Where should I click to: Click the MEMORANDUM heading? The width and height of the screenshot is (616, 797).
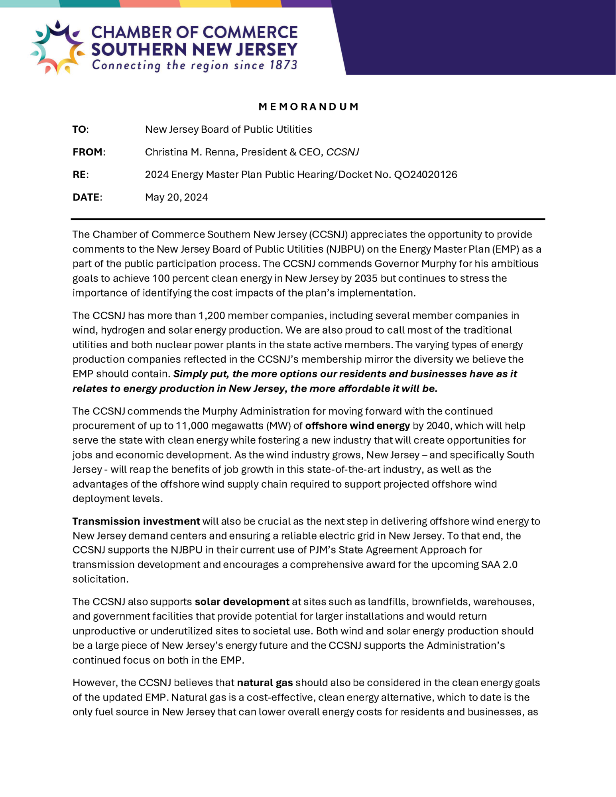pyautogui.click(x=309, y=106)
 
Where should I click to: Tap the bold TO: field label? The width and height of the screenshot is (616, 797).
pyautogui.click(x=80, y=130)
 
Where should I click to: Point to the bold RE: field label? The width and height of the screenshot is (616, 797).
pyautogui.click(x=80, y=175)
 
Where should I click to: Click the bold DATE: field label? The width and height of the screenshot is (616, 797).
pyautogui.click(x=87, y=197)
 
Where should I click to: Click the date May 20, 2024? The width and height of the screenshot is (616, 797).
pyautogui.click(x=176, y=197)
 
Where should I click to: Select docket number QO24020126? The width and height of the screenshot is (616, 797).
pyautogui.click(x=425, y=175)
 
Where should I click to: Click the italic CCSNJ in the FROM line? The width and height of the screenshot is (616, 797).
pyautogui.click(x=342, y=152)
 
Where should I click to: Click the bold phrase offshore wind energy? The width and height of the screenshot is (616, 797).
pyautogui.click(x=357, y=426)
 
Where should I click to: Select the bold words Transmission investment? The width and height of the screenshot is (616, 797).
pyautogui.click(x=136, y=521)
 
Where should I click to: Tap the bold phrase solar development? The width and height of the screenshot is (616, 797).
pyautogui.click(x=242, y=602)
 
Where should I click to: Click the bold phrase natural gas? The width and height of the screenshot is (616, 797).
pyautogui.click(x=265, y=683)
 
